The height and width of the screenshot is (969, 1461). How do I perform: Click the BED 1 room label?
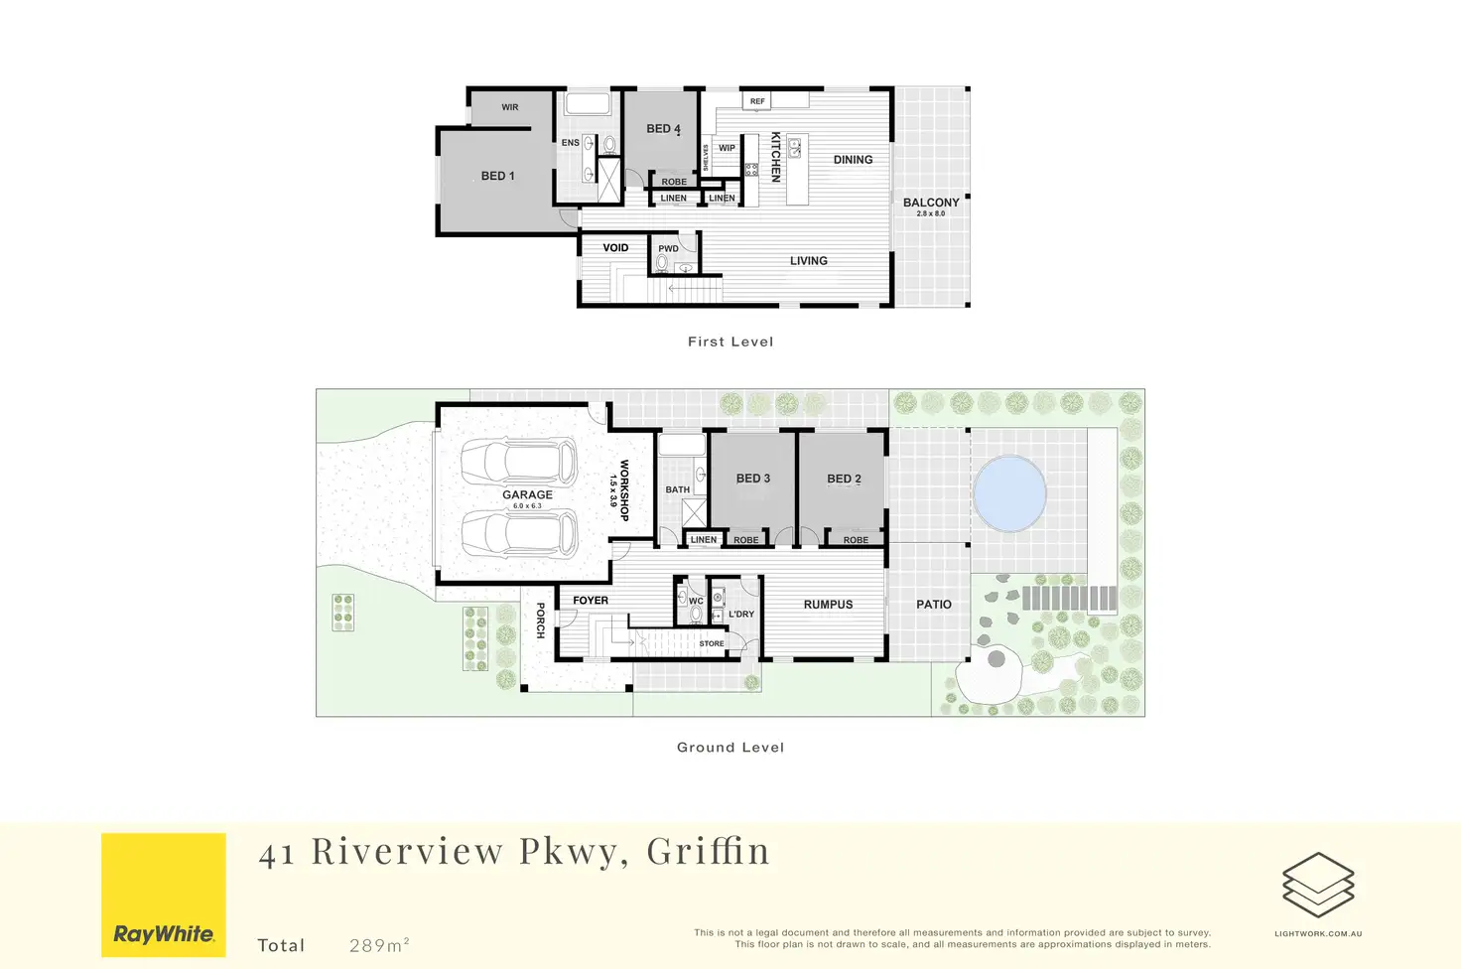[497, 176]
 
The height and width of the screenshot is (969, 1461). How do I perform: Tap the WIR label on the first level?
[509, 107]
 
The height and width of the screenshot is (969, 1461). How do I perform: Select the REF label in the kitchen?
[757, 101]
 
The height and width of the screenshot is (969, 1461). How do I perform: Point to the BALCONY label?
[931, 203]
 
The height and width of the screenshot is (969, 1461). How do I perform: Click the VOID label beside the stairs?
[615, 247]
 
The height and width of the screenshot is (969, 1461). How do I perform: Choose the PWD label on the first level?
[668, 248]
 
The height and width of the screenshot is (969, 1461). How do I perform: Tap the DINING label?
[853, 160]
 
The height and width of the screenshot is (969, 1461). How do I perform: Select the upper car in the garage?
[519, 462]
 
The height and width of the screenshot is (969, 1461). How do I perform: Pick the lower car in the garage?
[519, 533]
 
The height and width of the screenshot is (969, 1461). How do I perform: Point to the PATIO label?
[933, 604]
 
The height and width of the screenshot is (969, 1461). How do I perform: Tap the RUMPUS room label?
[828, 604]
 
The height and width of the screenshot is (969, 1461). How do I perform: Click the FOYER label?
[591, 600]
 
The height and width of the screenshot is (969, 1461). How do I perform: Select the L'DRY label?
[741, 614]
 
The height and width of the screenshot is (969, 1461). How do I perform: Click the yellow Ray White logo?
[164, 895]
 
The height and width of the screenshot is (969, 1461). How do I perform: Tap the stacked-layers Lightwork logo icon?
[1318, 885]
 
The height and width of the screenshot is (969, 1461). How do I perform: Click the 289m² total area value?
[379, 945]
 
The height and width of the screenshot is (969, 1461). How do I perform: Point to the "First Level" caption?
[730, 342]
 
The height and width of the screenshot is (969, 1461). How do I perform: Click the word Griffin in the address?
[708, 851]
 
